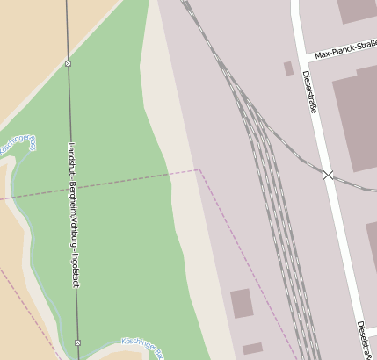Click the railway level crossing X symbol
pyautogui.click(x=329, y=175)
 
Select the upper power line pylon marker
pyautogui.click(x=68, y=63)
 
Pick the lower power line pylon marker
pyautogui.click(x=77, y=342)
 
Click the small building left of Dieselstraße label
pyautogui.click(x=288, y=68)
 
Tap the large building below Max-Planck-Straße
pyautogui.click(x=356, y=119)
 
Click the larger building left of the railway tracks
pyautogui.click(x=242, y=303)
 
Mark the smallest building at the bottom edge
pyautogui.click(x=252, y=349)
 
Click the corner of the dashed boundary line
pyautogui.click(x=199, y=169)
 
